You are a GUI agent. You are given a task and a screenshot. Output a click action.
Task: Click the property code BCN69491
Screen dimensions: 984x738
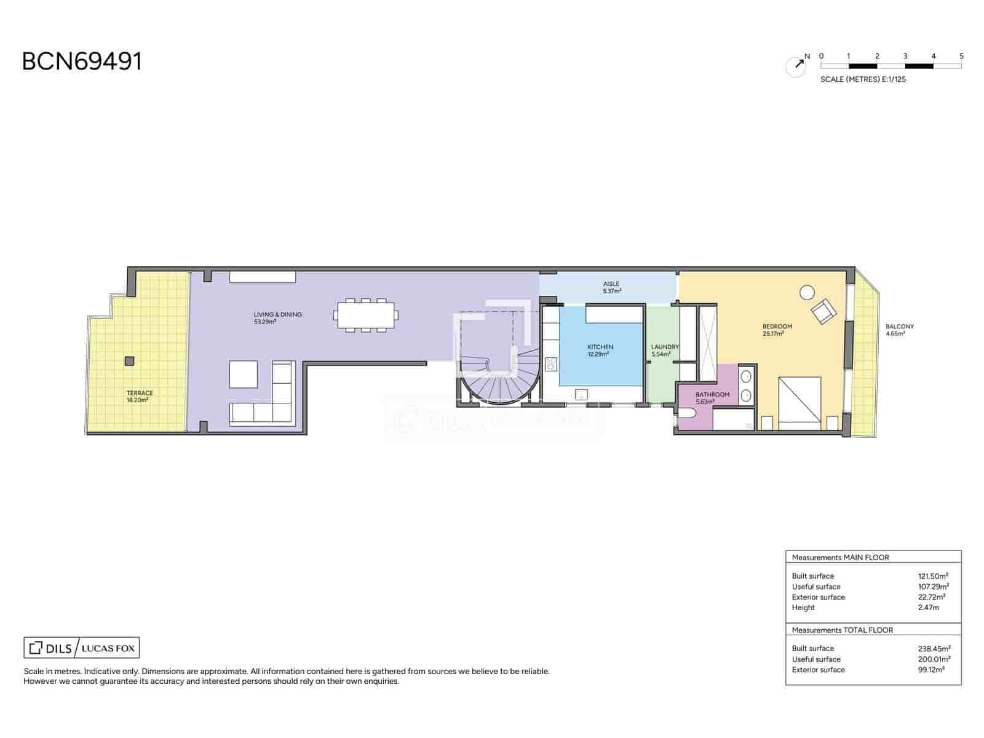82,61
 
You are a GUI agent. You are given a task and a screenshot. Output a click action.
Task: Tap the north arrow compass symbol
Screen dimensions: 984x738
796,66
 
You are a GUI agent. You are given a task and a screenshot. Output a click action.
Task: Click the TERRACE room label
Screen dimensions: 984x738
139,393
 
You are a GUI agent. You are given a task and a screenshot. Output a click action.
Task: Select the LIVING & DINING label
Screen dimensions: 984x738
277,314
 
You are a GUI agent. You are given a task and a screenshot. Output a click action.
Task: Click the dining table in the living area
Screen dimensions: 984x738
366,315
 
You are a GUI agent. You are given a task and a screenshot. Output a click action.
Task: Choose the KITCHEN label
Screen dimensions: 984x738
600,347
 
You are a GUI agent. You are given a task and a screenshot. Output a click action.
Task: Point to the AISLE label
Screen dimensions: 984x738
611,284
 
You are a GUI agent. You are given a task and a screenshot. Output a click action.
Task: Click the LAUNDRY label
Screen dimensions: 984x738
665,347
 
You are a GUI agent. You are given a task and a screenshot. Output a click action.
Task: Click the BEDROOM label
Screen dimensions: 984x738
777,327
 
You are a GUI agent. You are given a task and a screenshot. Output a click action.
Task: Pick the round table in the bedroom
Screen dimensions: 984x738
806,293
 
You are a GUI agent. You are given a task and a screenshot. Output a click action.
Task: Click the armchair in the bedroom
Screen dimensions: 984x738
823,311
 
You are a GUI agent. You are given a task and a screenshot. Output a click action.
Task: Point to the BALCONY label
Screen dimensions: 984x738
899,327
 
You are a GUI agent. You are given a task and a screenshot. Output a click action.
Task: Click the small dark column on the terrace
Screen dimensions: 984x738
129,361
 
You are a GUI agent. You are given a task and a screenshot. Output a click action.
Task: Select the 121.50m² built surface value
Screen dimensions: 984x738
933,576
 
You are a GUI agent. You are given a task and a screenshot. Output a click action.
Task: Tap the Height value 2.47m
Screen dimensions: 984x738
928,608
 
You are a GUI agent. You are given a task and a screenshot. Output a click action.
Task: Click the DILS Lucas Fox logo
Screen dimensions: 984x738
82,648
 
